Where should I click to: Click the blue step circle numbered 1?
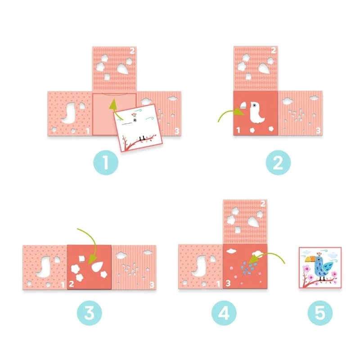(106, 162)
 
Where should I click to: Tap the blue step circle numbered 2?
(278, 162)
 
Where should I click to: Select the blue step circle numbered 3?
(90, 313)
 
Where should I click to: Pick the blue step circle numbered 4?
(224, 313)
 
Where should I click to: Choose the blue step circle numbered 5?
(320, 313)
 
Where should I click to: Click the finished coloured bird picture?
(320, 267)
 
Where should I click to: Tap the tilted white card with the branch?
(138, 128)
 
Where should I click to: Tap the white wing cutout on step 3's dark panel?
(97, 267)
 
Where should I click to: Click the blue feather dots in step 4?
(249, 268)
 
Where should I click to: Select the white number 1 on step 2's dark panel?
(238, 130)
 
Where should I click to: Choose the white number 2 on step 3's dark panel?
(72, 284)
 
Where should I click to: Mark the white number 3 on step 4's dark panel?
(228, 283)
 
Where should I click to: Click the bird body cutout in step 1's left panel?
(69, 113)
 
